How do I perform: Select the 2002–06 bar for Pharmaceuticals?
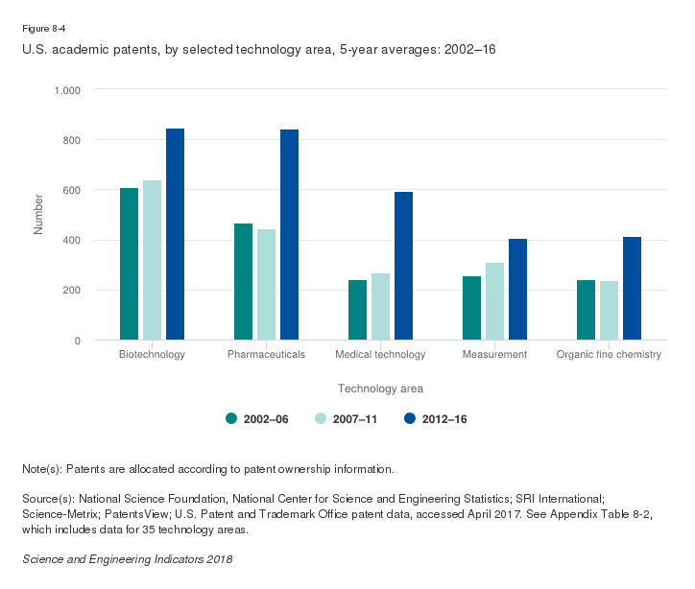243,282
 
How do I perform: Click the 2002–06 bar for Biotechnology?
129,264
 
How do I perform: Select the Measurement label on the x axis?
494,355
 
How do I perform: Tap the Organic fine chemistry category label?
609,355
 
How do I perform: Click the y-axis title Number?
39,215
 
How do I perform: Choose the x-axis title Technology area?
380,389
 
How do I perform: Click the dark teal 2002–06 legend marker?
231,418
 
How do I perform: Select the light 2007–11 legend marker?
322,418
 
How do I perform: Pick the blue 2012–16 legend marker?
410,418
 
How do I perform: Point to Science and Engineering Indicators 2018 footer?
127,558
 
